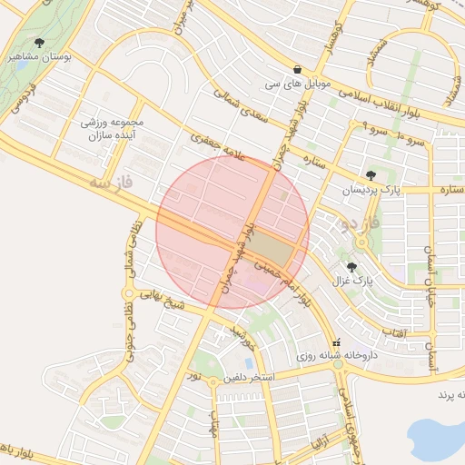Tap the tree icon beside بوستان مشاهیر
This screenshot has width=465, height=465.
39,42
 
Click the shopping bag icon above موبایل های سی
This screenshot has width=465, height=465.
298,69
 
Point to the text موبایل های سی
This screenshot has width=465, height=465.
297,84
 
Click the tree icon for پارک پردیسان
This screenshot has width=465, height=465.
370,175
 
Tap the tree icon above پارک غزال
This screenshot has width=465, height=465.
351,267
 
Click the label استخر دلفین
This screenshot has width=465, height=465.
249,376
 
